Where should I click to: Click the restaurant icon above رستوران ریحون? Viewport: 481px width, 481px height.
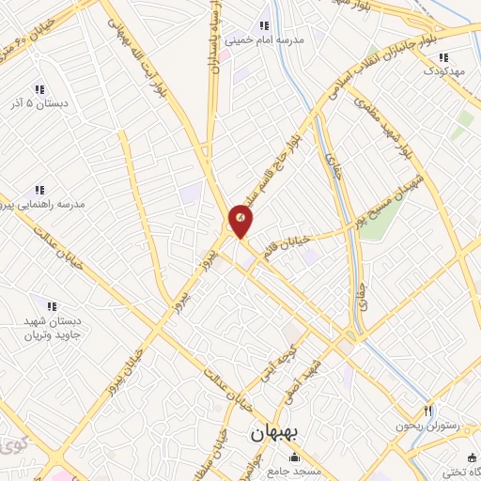coord(427,410)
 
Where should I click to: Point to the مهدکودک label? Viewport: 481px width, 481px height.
coord(445,70)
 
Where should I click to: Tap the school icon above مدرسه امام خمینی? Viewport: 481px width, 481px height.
coord(265,25)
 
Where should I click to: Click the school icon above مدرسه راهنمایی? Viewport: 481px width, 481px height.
coord(39,189)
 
